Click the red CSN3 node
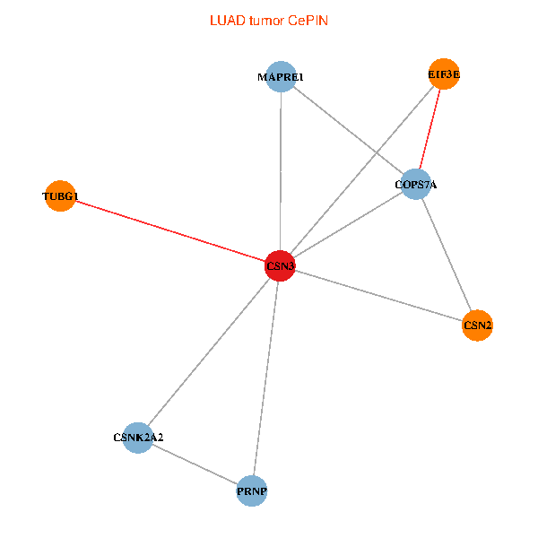[x=280, y=266]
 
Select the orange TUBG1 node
[x=60, y=196]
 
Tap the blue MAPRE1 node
[x=281, y=77]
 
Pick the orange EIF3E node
[x=444, y=75]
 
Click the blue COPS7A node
[x=415, y=185]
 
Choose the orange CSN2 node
[x=477, y=325]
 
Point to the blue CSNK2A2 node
[x=138, y=438]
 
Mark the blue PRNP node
[x=253, y=491]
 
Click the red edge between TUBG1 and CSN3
[x=170, y=231]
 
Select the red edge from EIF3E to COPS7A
[x=430, y=130]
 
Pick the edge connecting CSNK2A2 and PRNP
[x=195, y=464]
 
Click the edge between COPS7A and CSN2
[x=447, y=256]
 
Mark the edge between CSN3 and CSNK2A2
[x=209, y=351]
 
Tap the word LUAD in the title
[x=225, y=20]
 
